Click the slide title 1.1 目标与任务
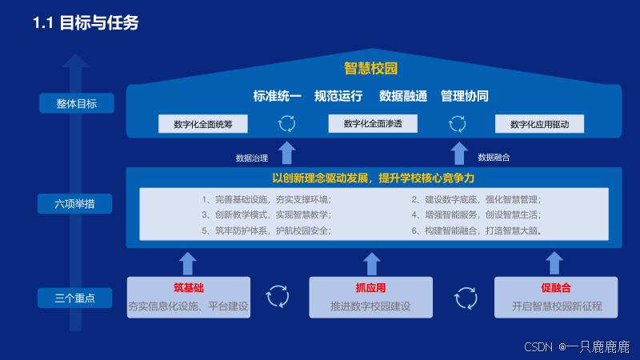tap(86, 23)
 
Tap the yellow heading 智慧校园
tap(370, 68)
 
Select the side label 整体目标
tap(76, 103)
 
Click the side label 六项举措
tap(74, 204)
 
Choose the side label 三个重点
tap(74, 298)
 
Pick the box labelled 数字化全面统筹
tap(203, 124)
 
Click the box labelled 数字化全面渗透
tap(373, 123)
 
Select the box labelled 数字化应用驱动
tap(539, 124)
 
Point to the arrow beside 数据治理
tap(287, 153)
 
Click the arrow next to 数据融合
tap(459, 153)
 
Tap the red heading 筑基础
tap(189, 288)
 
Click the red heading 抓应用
tap(370, 288)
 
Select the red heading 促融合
tap(556, 288)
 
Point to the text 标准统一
tap(277, 96)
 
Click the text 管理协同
tap(465, 96)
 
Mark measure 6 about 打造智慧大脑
tap(477, 230)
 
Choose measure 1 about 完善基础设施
tap(266, 199)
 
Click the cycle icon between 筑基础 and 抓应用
tap(278, 296)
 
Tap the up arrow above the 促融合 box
tap(554, 263)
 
